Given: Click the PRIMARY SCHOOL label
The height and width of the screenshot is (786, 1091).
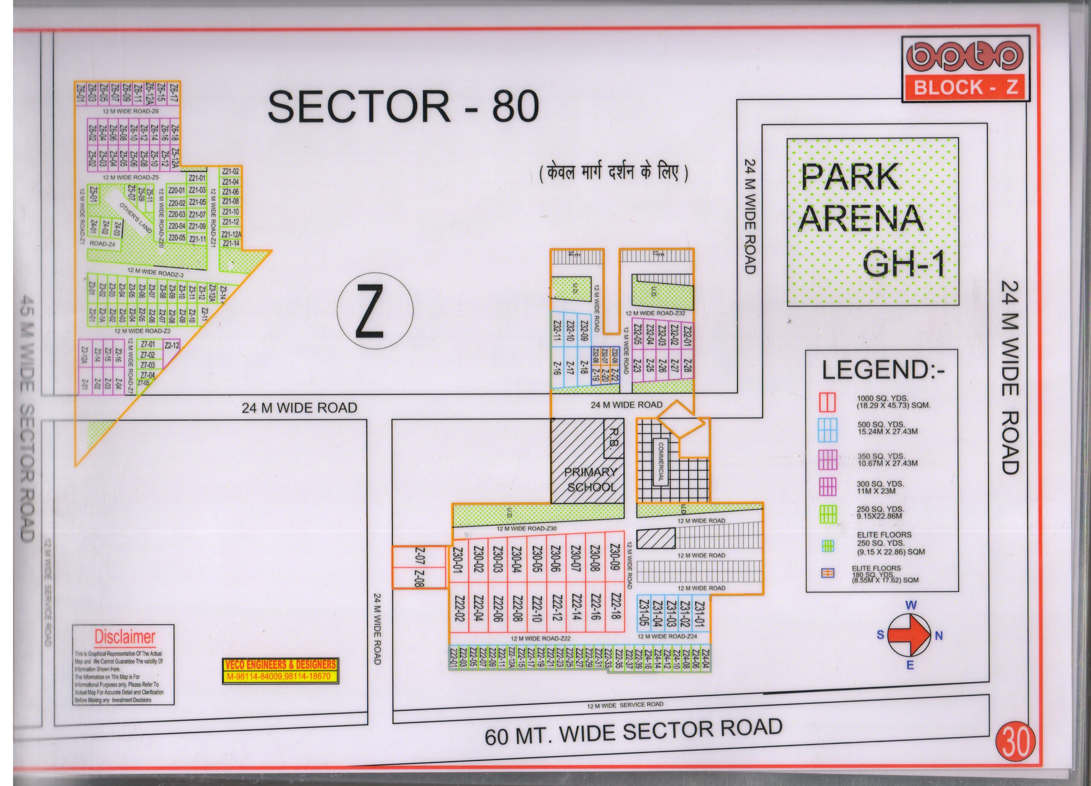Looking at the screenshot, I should [x=591, y=479].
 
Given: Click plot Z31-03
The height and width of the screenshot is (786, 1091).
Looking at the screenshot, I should [x=672, y=613].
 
